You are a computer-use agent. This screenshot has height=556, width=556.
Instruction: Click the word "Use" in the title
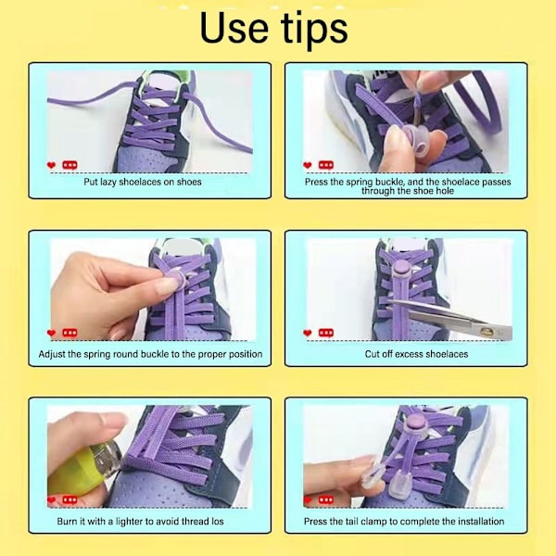234,28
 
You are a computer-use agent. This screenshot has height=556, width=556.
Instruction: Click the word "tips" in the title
314,31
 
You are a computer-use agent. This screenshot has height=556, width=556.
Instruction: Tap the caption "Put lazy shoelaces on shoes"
143,182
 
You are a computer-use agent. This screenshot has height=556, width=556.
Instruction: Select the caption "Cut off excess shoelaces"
416,354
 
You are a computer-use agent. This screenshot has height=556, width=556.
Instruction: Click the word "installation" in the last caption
481,521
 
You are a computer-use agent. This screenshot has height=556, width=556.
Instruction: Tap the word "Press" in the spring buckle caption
316,182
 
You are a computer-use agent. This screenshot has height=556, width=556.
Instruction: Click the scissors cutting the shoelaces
449,317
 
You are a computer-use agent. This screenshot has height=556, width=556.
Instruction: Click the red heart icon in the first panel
51,165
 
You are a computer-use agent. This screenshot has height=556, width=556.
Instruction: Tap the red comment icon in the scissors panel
326,333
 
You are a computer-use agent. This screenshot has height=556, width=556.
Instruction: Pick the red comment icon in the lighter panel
69,500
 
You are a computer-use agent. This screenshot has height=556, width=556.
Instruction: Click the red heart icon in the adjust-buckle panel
51,333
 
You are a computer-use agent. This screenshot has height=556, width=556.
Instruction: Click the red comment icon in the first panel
69,165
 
